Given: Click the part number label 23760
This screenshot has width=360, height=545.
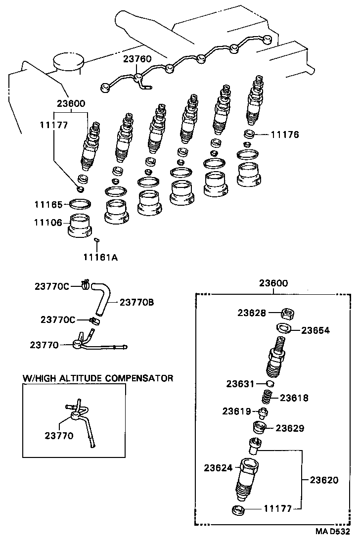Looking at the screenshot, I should click(137, 59).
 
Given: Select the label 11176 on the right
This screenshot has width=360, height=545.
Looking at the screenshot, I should click(284, 134).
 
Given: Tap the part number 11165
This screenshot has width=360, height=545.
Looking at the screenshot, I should click(48, 204).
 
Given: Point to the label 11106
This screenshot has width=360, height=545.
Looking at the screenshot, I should click(48, 223).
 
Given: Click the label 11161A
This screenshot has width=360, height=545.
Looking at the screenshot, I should click(100, 257).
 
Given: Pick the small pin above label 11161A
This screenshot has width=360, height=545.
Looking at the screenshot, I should click(97, 240).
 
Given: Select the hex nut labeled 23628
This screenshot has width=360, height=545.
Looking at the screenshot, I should click(288, 313).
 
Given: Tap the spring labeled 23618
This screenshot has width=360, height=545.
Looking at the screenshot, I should click(268, 397).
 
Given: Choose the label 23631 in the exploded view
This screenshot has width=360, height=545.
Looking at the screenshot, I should click(240, 384).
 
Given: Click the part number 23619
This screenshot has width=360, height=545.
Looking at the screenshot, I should click(236, 410).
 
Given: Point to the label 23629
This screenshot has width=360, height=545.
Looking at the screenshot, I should click(290, 428).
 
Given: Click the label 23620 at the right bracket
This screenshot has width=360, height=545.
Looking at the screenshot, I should click(324, 479).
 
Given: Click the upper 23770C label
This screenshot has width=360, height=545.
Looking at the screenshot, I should click(52, 286).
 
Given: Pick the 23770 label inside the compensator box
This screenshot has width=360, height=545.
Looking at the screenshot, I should click(59, 436).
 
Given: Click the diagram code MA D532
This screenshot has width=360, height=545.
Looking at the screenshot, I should click(333, 532).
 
